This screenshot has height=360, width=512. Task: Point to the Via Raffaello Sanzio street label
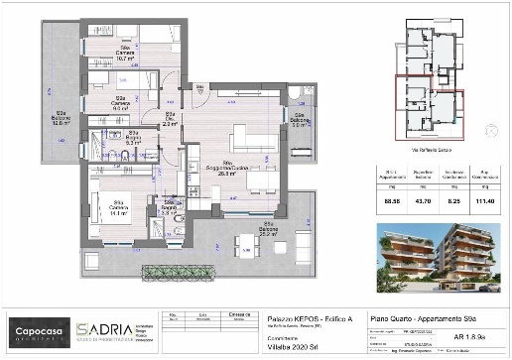[429, 150]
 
